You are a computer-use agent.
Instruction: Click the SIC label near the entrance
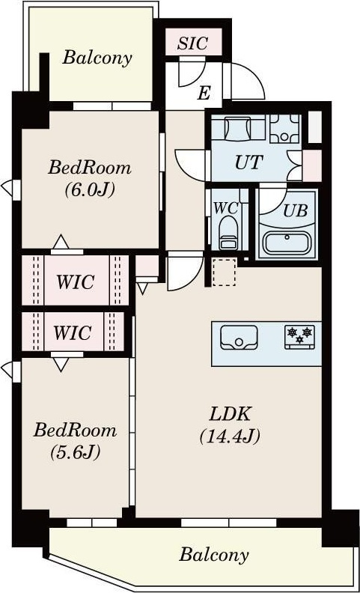coord(193,43)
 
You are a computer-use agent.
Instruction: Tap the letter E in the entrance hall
coord(204,93)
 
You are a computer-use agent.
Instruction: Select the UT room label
coord(248,162)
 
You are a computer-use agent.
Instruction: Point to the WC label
coord(226,207)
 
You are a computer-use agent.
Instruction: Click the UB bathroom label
coord(296,211)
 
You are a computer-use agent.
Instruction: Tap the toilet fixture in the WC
coord(228,232)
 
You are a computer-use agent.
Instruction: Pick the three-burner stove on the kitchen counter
coord(299,337)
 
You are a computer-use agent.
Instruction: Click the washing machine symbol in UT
coord(238,128)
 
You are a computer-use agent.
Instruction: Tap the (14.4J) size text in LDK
coord(230,437)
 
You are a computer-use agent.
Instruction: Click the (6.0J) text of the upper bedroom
coord(89,190)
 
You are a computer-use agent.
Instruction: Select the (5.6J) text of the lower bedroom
coord(75,452)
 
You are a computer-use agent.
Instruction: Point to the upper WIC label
coord(76,282)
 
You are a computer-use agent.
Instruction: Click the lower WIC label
coord(72,332)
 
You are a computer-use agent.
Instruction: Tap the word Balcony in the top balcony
coord(97,58)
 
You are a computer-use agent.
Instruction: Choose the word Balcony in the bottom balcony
coord(214,555)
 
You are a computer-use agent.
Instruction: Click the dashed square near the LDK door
coord(225,272)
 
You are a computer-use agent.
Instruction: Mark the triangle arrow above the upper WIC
coord(61,242)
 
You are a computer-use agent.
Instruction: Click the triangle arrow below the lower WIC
coord(61,364)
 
